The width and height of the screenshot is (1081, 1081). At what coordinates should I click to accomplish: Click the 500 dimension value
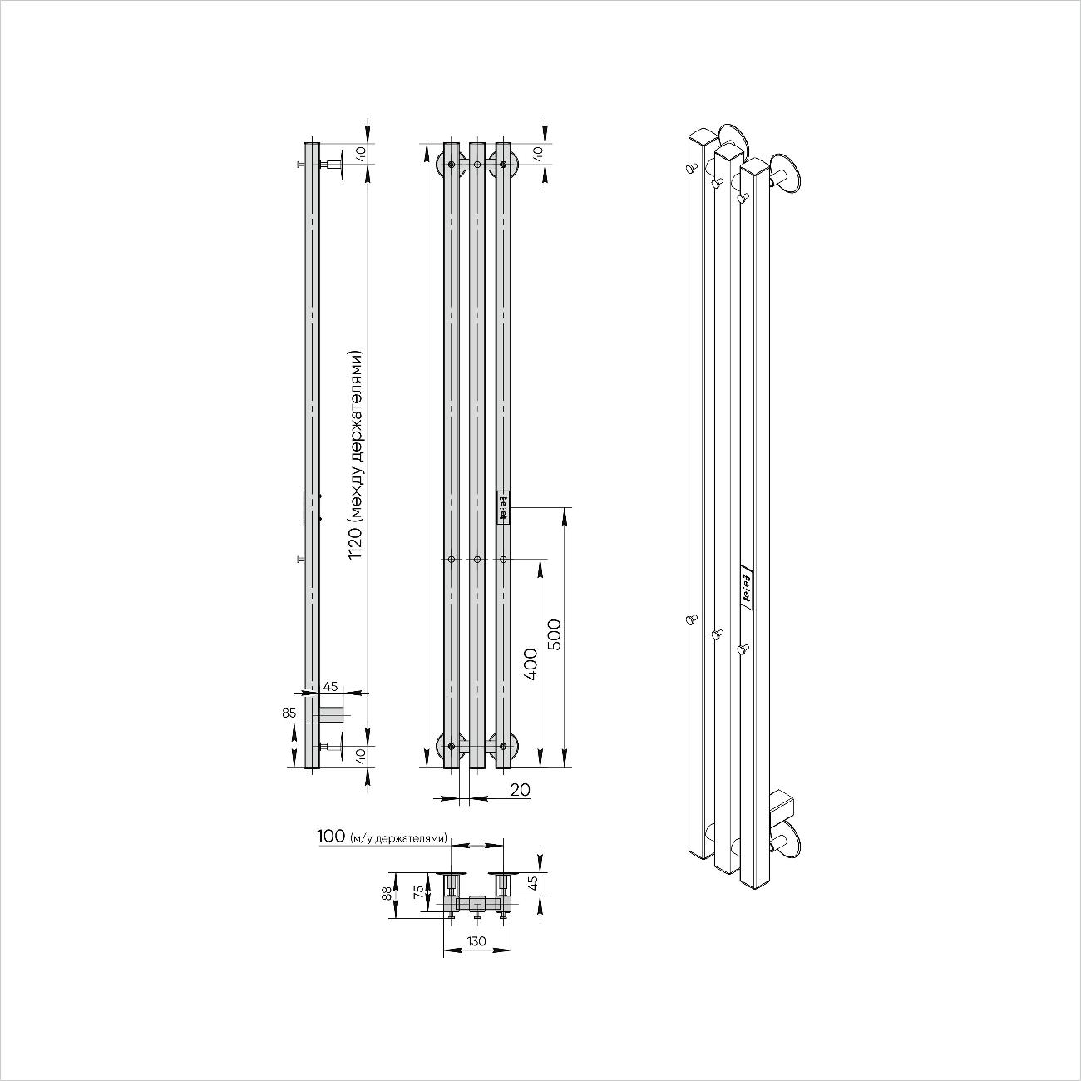coord(556,634)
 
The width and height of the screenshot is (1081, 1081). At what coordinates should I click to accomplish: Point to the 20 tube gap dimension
coord(520,789)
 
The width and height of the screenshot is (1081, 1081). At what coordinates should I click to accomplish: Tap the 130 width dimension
coord(476,941)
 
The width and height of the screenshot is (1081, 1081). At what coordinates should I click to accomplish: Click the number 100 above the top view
coord(331,836)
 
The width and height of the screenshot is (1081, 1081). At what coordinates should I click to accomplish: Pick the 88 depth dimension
coord(386,894)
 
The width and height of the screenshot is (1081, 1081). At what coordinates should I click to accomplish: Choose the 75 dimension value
coord(420,893)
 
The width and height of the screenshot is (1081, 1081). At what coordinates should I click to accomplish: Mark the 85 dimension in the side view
coord(289,713)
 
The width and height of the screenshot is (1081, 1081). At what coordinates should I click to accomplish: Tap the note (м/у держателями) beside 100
coord(399,837)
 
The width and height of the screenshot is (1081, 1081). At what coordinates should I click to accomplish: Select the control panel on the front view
coord(502,507)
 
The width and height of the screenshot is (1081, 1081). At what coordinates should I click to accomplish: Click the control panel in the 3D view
coord(746,586)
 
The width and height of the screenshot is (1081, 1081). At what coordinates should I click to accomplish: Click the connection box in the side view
coord(333,714)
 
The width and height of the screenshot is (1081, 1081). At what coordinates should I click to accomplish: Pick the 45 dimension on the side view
coord(330,687)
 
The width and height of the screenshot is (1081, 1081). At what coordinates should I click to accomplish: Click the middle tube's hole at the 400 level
coord(476,560)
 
